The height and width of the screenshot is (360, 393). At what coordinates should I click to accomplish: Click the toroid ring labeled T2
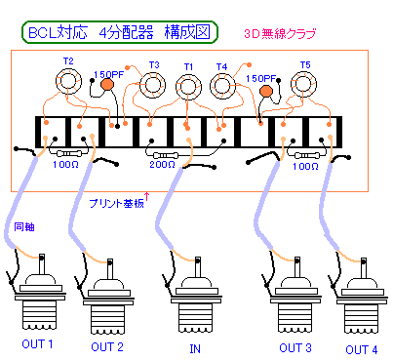[x=68, y=82]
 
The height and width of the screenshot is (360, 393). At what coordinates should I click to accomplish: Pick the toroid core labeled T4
[x=223, y=89]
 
